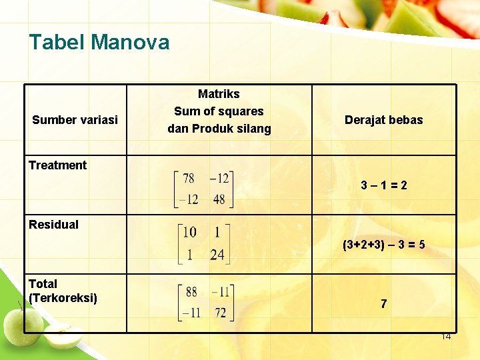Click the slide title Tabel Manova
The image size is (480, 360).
[99, 43]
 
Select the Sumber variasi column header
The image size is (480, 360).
[75, 120]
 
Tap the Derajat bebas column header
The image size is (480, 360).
[383, 120]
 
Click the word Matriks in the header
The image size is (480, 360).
[219, 94]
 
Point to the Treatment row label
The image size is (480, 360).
[57, 165]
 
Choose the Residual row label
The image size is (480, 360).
[53, 225]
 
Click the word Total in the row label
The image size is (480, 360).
[43, 284]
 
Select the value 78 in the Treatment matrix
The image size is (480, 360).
[189, 178]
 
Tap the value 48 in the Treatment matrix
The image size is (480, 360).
[219, 199]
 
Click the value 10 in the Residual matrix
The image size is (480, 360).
[189, 232]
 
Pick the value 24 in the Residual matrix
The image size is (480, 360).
[217, 254]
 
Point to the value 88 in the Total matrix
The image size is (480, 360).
[191, 291]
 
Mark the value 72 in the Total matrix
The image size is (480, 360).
[221, 313]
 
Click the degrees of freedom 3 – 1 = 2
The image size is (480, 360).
[383, 185]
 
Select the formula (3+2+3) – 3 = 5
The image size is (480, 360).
[383, 245]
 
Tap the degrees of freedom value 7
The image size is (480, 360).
[383, 304]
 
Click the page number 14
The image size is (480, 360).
[446, 337]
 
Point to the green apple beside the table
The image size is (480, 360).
[15, 324]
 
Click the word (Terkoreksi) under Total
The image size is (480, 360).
[63, 298]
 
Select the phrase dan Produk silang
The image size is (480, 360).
[219, 129]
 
